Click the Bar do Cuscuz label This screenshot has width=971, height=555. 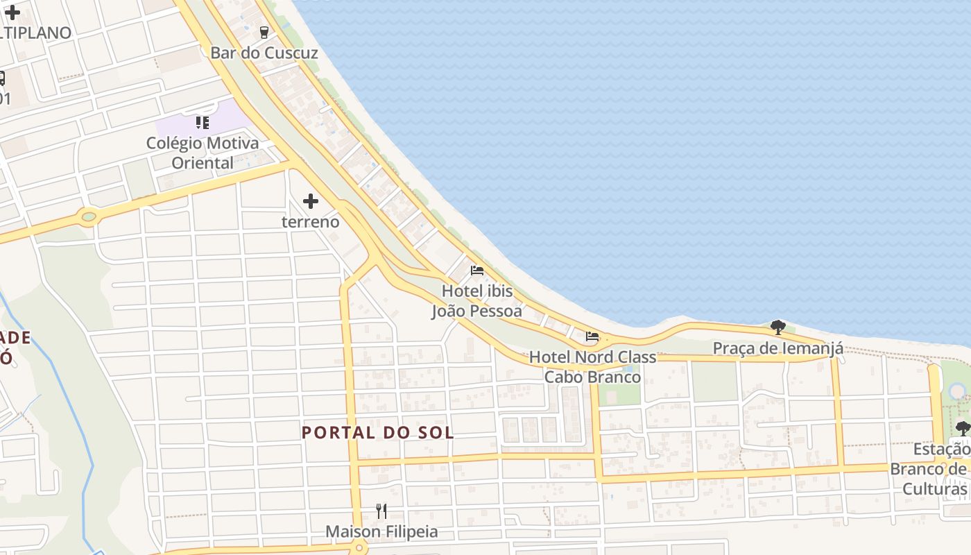(x=264, y=53)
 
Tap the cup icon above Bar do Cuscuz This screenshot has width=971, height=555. (x=264, y=32)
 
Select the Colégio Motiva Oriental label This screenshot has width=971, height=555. (x=203, y=153)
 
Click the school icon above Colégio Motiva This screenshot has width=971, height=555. (x=203, y=123)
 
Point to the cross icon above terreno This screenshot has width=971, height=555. (x=311, y=201)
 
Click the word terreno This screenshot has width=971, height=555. (x=311, y=222)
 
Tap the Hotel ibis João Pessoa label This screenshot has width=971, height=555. (x=477, y=301)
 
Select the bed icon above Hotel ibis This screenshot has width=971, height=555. (x=477, y=270)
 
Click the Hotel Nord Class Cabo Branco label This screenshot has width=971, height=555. (x=592, y=367)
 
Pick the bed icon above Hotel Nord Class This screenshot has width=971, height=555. (x=592, y=336)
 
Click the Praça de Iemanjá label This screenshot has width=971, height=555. (x=778, y=348)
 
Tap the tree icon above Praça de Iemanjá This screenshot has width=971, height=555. (x=778, y=327)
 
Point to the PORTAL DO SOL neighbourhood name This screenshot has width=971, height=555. (x=378, y=433)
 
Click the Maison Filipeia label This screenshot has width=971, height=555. (x=382, y=532)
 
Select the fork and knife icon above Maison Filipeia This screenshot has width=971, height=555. (x=381, y=511)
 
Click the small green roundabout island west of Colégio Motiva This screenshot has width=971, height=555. (x=89, y=217)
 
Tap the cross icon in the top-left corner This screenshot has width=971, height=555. (x=12, y=11)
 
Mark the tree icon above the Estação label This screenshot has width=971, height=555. (x=963, y=427)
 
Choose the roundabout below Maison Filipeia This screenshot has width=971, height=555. (x=359, y=548)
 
